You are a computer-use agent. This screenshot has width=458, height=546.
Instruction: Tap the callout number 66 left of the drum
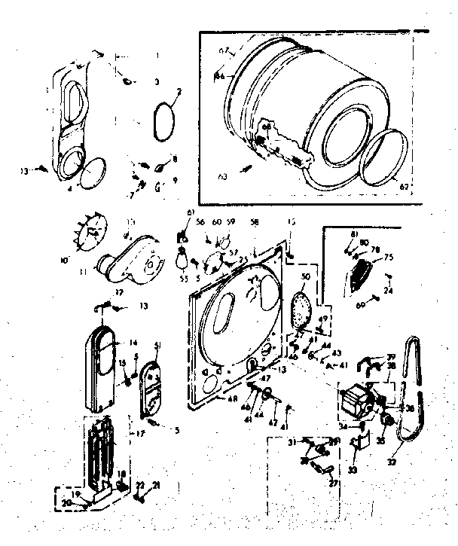coord(219,76)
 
